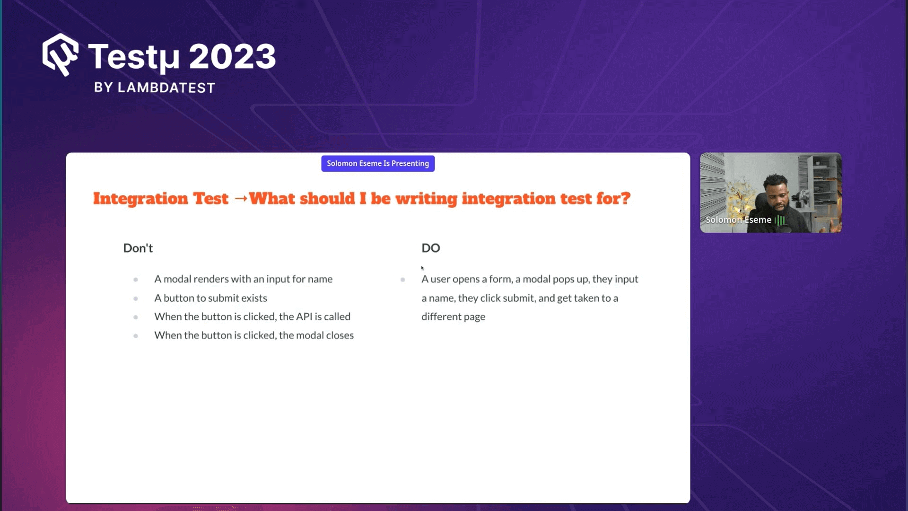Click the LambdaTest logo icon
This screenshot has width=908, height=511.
coord(61,54)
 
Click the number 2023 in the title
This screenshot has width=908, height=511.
coord(232,57)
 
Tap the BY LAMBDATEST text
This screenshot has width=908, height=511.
coord(155,88)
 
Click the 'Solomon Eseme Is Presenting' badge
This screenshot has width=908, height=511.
coord(378,164)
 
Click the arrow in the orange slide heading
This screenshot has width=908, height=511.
coord(241,198)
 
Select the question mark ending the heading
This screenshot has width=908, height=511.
coord(626,198)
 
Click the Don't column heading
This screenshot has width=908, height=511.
coord(138,248)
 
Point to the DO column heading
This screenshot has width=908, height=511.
coord(430,248)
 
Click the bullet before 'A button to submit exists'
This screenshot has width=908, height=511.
coord(136,299)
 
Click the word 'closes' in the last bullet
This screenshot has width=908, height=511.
coord(340,335)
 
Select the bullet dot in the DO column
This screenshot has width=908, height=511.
coord(402,280)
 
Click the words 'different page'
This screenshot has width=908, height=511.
coord(453,317)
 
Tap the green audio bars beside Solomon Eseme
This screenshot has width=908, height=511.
coord(780,220)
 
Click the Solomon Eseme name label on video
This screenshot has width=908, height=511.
coord(738,220)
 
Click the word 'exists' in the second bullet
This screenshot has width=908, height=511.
coord(254,298)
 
